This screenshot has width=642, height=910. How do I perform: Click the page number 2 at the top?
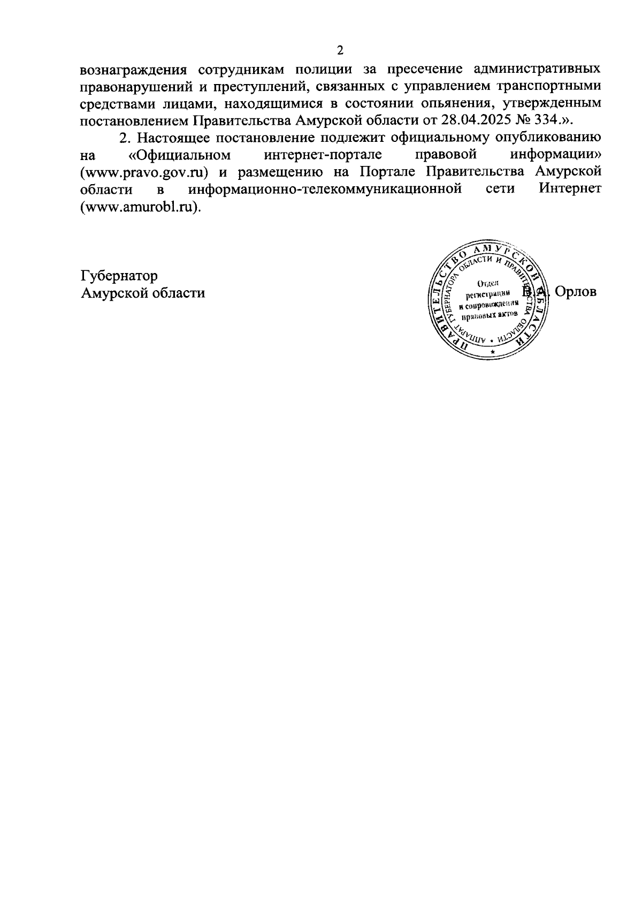pos(340,50)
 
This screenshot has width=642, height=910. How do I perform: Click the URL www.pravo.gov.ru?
pos(143,172)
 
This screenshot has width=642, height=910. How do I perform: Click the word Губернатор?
pos(119,276)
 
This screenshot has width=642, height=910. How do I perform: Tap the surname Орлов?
pos(576,292)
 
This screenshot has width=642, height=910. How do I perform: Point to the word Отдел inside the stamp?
pos(487,283)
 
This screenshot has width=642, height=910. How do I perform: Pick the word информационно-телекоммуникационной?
pos(325,189)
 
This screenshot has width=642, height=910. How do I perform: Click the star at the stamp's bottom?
pos(492,352)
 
